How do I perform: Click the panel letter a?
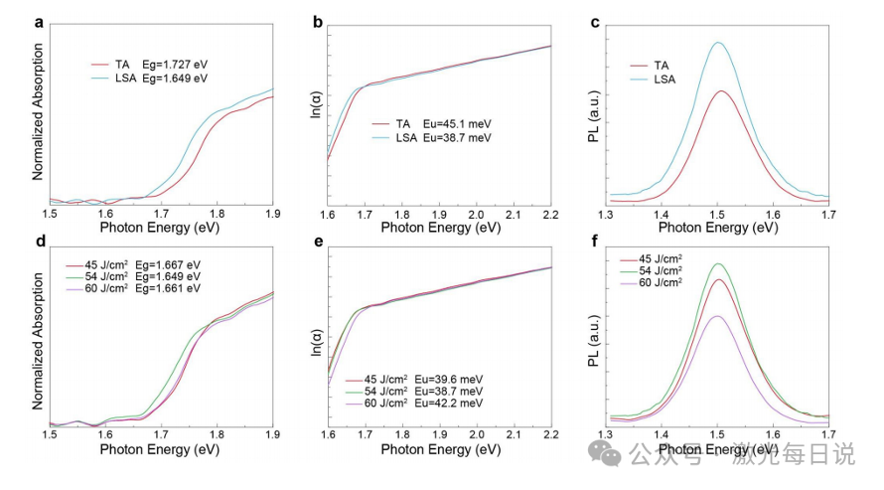click(39, 23)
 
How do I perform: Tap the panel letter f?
click(594, 242)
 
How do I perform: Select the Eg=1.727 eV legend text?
click(175, 65)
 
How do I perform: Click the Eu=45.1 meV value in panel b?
click(457, 124)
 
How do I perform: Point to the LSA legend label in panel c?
click(664, 80)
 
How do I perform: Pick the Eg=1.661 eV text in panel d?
click(168, 288)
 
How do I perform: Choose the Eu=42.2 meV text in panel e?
click(449, 404)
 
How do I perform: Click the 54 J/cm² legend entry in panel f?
click(661, 270)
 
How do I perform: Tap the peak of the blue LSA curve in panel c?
click(718, 43)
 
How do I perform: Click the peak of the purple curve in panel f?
click(717, 316)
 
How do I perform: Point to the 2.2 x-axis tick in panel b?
click(551, 215)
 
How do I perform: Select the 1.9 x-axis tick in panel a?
click(273, 215)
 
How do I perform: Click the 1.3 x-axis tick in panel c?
click(606, 215)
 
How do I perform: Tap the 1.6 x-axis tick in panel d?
click(105, 435)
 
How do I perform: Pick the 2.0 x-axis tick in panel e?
click(477, 435)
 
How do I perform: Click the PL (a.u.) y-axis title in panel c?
click(594, 116)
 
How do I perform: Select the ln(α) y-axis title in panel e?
click(316, 342)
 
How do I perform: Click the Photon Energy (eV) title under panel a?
click(160, 228)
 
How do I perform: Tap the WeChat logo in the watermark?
click(604, 453)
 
